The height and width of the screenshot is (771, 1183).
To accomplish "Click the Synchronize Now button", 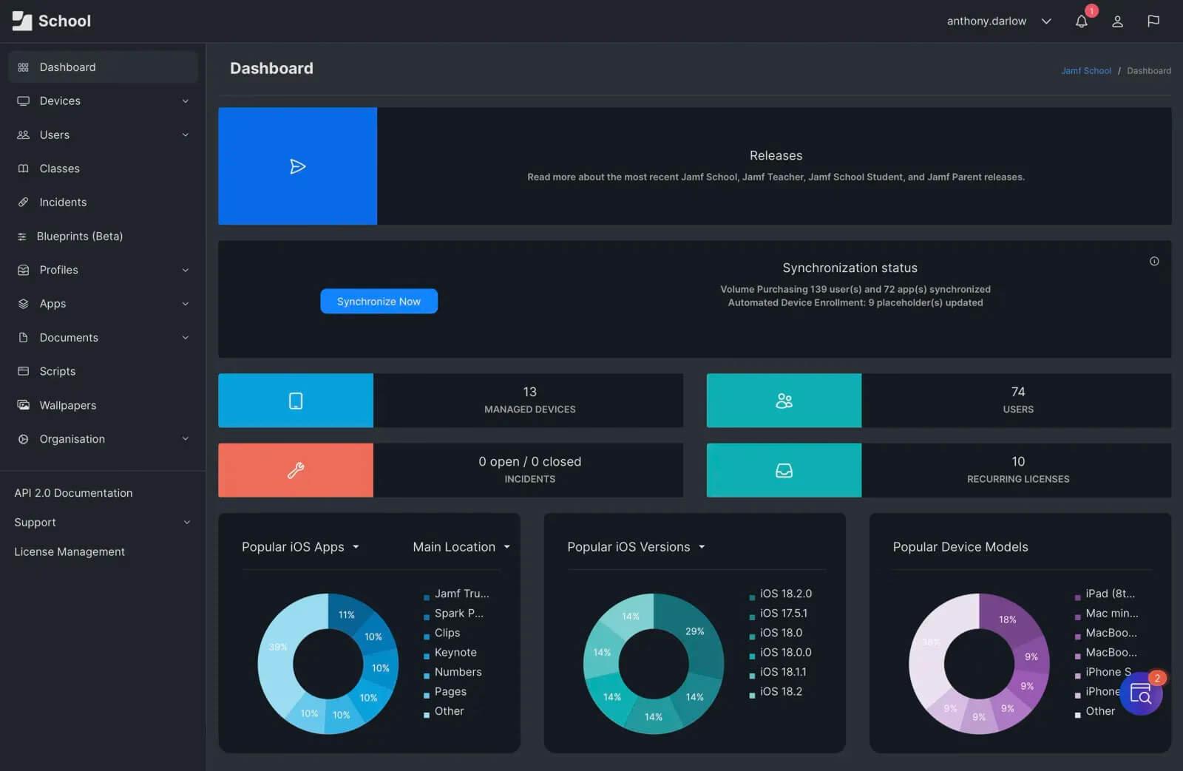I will click(379, 302).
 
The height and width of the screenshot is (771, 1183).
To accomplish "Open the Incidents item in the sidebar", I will click(63, 203).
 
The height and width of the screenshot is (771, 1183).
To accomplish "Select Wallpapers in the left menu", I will click(67, 405).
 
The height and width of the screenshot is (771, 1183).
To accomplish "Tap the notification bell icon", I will click(1081, 21).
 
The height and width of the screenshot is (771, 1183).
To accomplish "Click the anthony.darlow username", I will click(986, 21).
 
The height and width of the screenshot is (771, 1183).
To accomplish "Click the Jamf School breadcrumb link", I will click(1085, 71).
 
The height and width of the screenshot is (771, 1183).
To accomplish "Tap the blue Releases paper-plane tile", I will click(297, 166).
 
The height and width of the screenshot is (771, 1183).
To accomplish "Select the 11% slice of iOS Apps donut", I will click(346, 614).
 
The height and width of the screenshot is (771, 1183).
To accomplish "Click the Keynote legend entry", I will click(455, 653).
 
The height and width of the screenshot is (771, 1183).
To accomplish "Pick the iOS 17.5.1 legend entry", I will click(783, 614).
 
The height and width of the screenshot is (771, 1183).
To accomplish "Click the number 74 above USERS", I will click(1017, 392).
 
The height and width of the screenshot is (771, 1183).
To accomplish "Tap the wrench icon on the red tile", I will click(296, 470).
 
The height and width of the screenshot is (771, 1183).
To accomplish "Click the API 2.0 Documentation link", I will click(73, 493).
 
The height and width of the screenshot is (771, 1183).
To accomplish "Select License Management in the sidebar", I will click(70, 552).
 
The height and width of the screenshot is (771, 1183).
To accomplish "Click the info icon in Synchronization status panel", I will click(1154, 262).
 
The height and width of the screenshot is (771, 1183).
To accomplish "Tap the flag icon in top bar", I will click(1153, 21).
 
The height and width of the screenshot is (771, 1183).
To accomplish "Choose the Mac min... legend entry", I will click(1111, 614).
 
